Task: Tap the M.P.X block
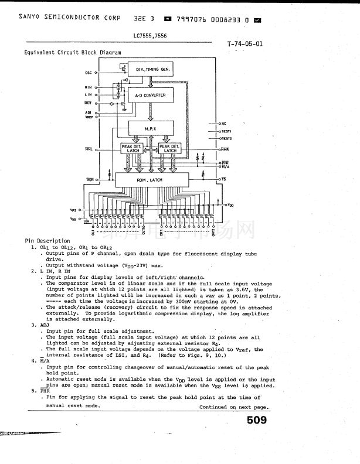coord(151,128)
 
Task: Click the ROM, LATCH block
coord(150,180)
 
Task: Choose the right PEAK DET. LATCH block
coord(170,148)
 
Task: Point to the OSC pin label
coord(88,73)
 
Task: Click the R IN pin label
coord(88,87)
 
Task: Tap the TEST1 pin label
coord(226,131)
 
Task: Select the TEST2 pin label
coord(226,138)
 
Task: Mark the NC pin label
coord(223,124)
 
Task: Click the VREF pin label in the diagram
coord(89,117)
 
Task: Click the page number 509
coord(256,420)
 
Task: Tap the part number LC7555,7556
coord(150,35)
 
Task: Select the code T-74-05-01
coord(244,44)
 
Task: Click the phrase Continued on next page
coord(234,407)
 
